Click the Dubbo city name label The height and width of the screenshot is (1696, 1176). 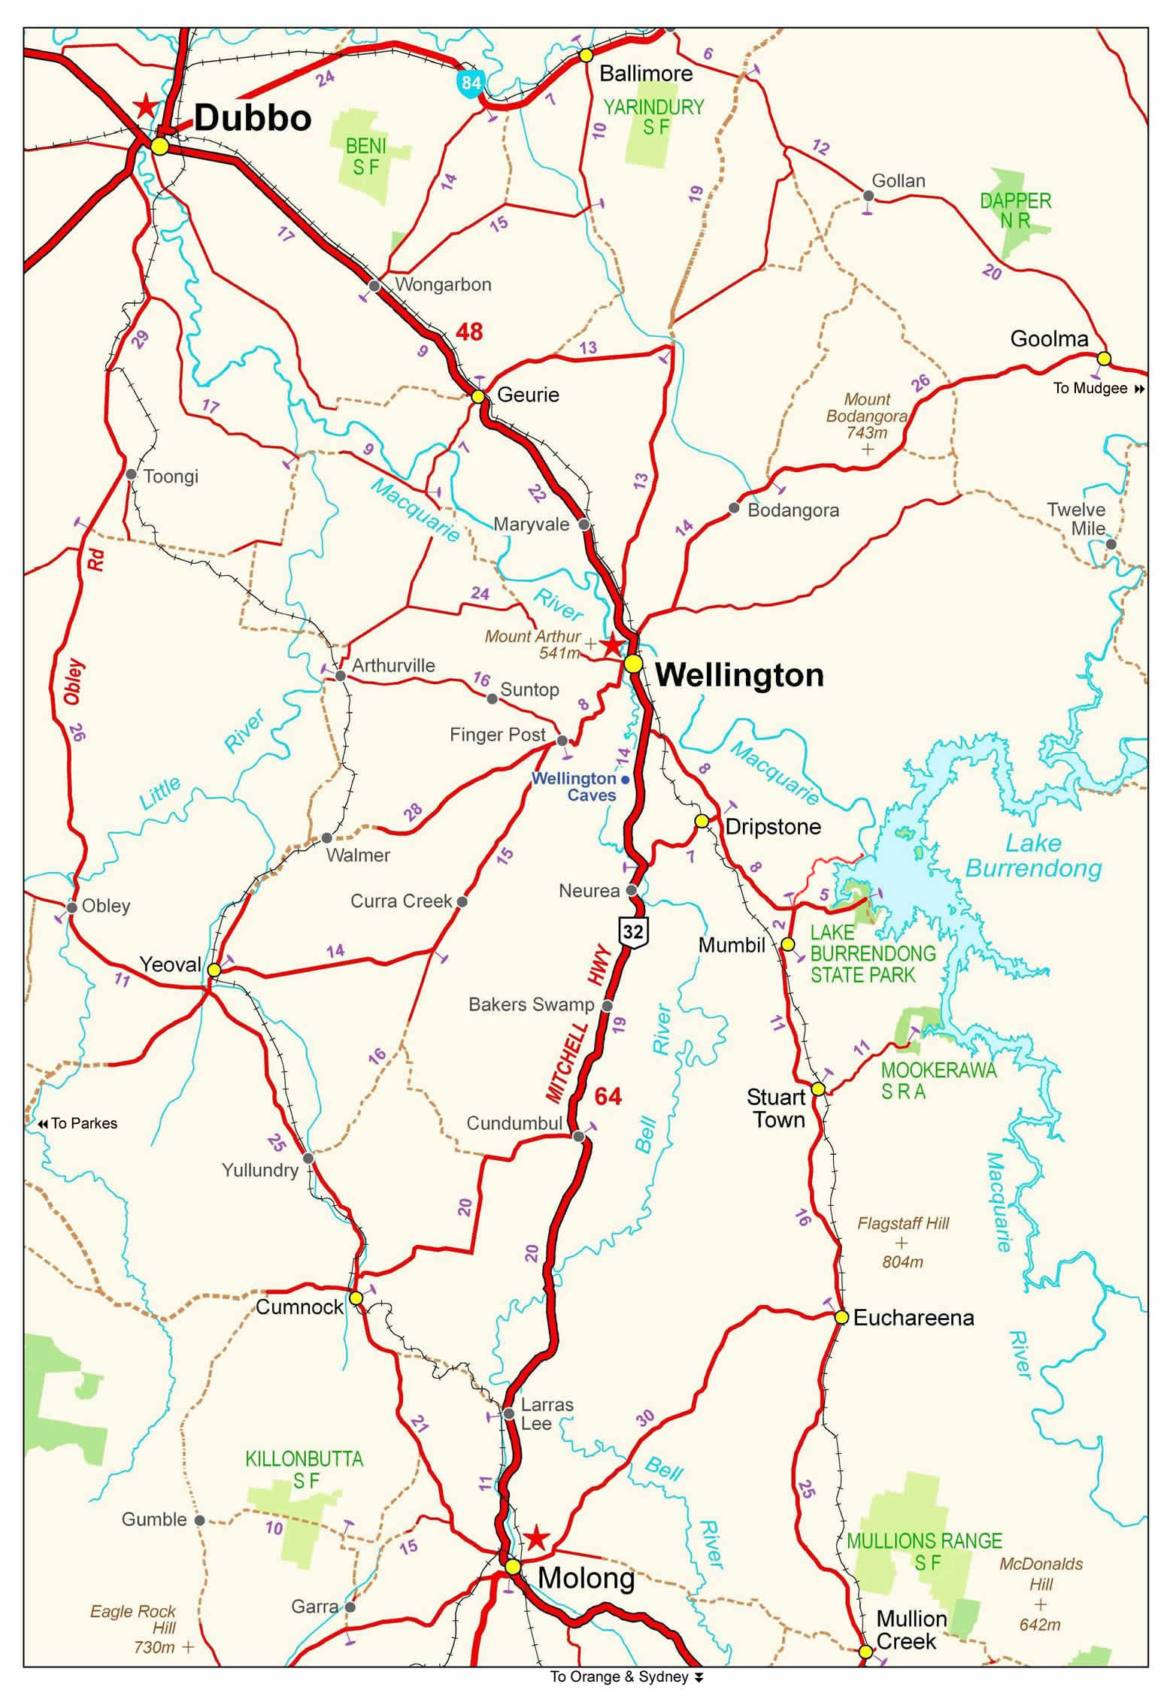[x=252, y=119]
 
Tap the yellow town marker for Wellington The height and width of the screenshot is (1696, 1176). [x=633, y=663]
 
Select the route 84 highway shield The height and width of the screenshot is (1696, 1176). [x=471, y=82]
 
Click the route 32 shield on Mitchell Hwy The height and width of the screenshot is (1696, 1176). [x=633, y=932]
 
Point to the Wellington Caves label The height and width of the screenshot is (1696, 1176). [x=575, y=787]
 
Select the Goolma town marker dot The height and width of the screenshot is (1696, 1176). [x=1103, y=358]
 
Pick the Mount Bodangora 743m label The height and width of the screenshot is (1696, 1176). [x=866, y=416]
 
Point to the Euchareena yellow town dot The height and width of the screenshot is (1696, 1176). [x=841, y=1317]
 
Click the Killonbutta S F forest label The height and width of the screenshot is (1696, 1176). [x=304, y=1470]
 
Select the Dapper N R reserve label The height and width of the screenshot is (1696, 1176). [x=1015, y=210]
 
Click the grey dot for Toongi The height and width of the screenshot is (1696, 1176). [x=132, y=474]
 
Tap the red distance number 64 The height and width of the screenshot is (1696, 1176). [x=608, y=1096]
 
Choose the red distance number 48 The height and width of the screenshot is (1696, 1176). [x=469, y=332]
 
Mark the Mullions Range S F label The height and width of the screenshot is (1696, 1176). [x=924, y=1552]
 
